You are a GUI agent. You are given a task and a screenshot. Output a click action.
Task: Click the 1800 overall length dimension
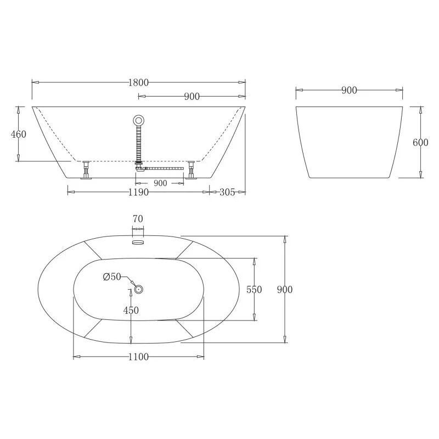pos(138,82)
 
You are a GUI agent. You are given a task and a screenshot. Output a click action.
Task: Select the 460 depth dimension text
pos(19,134)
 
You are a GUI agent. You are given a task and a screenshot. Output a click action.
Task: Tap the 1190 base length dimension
pos(138,192)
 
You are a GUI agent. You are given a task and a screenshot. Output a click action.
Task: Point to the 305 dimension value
pos(227,192)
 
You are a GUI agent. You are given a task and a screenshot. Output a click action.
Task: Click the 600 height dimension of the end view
pos(420,143)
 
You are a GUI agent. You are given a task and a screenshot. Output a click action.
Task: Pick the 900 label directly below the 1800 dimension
pos(191,97)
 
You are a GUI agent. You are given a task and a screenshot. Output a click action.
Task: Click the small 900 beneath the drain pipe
pos(160,183)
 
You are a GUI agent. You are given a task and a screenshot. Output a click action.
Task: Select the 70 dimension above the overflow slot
pos(138,219)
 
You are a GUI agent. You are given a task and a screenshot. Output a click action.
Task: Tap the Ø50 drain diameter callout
pos(112,277)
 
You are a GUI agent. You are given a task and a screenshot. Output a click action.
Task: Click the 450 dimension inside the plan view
pos(131,310)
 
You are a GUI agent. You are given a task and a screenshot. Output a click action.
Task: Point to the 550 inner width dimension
pos(254,290)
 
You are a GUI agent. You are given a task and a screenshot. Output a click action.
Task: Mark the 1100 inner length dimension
pos(138,357)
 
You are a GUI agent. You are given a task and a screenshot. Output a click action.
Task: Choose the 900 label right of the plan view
pos(285,290)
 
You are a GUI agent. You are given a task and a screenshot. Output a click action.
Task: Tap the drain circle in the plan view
pos(138,289)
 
